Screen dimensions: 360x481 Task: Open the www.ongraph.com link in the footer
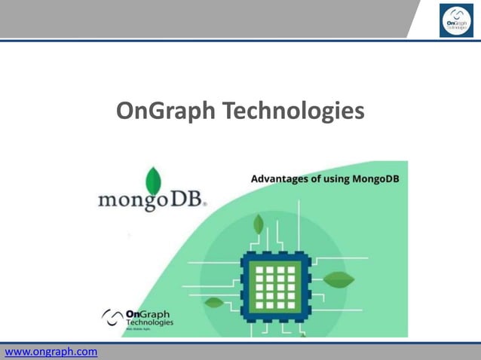click(x=51, y=352)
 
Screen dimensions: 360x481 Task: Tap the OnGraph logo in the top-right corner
click(x=456, y=20)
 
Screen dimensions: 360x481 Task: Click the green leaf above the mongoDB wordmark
click(x=153, y=181)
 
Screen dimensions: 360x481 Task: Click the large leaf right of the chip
click(x=339, y=279)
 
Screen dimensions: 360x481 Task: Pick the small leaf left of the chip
click(x=214, y=303)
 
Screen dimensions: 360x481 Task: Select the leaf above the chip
click(x=259, y=224)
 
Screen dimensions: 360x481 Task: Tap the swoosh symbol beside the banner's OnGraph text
click(x=112, y=317)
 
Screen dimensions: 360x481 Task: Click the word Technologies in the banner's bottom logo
click(x=149, y=322)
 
